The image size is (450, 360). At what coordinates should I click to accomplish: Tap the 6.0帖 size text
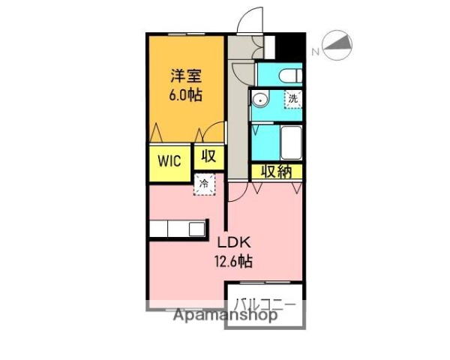pos(185,95)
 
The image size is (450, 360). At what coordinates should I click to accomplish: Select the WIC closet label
pos(169,162)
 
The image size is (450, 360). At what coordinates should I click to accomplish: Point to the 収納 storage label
pos(276,171)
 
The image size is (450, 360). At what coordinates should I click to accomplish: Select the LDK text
pos(235,243)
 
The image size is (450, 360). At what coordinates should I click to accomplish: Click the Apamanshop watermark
pos(225,315)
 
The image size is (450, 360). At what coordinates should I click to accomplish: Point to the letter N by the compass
pos(316,52)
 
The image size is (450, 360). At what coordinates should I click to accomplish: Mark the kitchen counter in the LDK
pos(178,229)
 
